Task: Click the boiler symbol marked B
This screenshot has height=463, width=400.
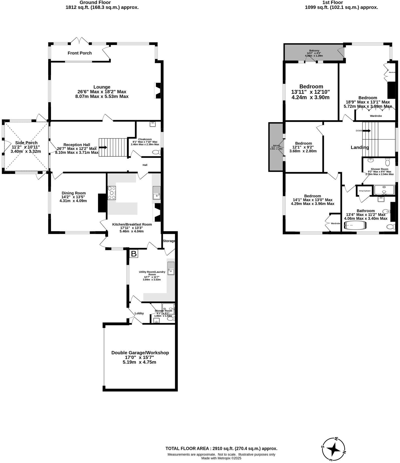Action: coord(134,254)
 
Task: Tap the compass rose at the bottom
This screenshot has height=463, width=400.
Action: coord(333,450)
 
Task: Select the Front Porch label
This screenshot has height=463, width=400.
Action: coord(80,53)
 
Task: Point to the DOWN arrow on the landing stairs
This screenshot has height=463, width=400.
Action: coord(366,131)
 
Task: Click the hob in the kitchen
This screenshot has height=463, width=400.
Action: coord(112,193)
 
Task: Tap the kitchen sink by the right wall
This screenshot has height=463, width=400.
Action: coord(157,193)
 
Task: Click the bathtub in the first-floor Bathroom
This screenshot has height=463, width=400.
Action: coord(355,225)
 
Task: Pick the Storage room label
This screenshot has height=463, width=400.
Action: coord(169,241)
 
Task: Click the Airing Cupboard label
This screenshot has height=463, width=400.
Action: coord(364,191)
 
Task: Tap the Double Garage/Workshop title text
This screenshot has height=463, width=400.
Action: coord(140,353)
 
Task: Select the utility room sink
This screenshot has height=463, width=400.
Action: coord(171,268)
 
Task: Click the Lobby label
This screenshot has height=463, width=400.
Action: coord(139,313)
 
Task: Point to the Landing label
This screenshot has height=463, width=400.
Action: coord(360,147)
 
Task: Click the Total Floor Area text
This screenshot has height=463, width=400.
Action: coord(221,449)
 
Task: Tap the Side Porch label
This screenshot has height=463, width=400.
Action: coord(26,143)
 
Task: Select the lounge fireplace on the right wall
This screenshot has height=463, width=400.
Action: coord(158,90)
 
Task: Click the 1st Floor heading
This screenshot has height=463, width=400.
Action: coord(332,3)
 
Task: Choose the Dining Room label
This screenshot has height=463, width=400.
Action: coord(74,193)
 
